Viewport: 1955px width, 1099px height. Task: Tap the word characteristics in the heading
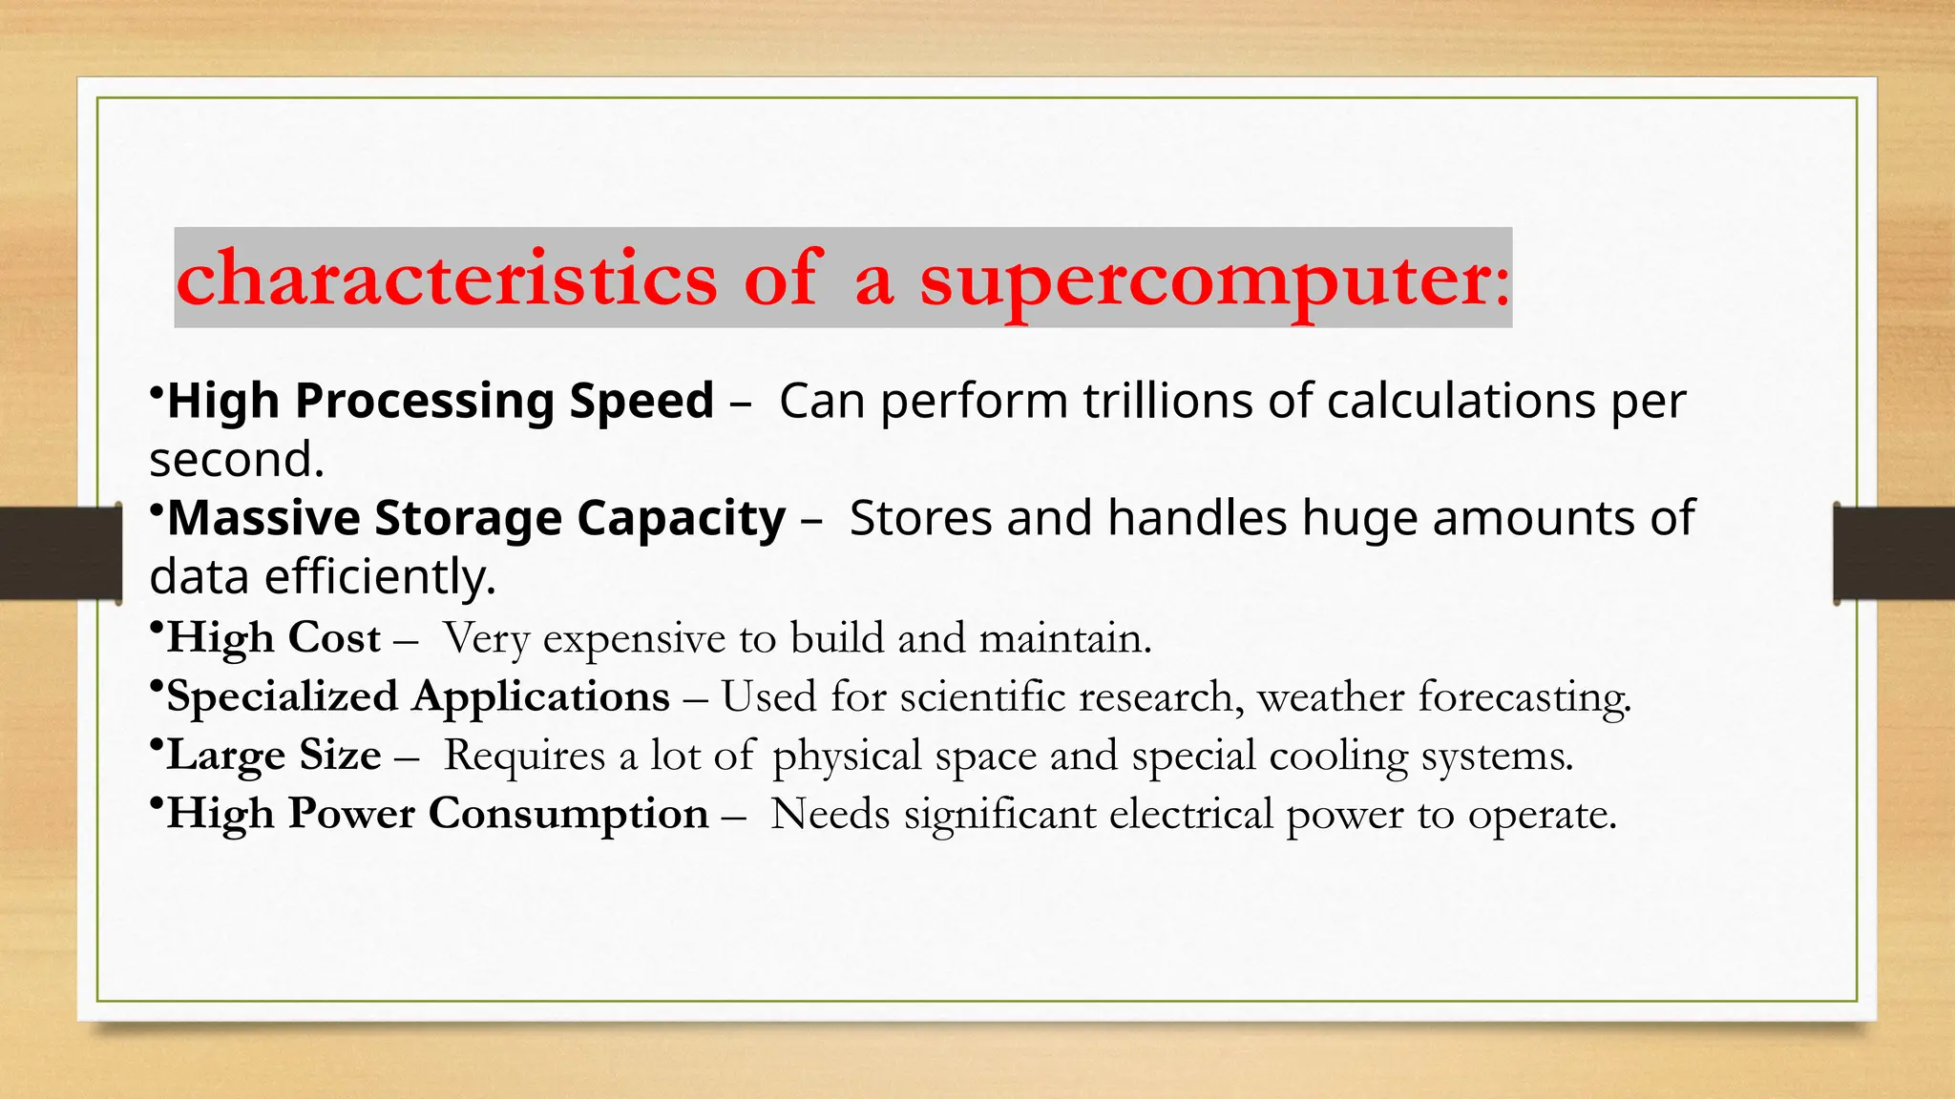coord(446,280)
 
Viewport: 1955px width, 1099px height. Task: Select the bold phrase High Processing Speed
coord(440,401)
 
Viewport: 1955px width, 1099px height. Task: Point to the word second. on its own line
coord(237,460)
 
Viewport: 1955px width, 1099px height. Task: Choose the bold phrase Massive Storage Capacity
coord(475,518)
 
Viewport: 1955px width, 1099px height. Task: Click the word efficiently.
coord(380,577)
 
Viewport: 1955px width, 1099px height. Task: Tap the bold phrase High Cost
coord(273,637)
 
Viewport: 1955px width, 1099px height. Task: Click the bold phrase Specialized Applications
coord(418,696)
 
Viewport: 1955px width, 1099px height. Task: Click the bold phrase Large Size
coord(273,756)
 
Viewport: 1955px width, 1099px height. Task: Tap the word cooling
coord(1338,757)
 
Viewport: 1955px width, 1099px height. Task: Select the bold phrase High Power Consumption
coord(437,814)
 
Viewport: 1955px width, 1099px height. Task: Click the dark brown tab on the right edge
coord(1894,553)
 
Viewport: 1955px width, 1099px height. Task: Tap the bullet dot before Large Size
coord(156,744)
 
